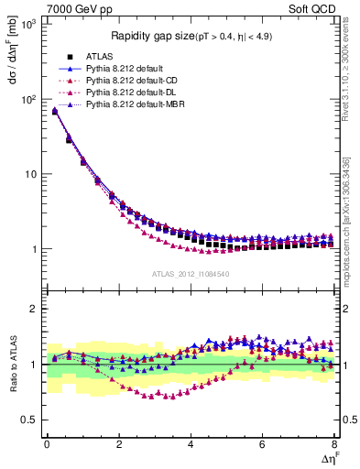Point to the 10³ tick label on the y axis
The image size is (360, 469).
28,24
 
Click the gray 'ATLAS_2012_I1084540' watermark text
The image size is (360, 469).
191,273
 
